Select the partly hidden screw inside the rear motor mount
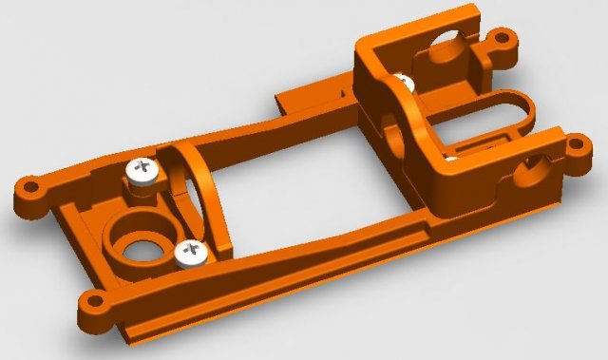click(403, 85)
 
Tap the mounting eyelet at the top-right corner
click(505, 41)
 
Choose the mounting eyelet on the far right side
click(576, 146)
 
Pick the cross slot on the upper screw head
click(145, 168)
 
